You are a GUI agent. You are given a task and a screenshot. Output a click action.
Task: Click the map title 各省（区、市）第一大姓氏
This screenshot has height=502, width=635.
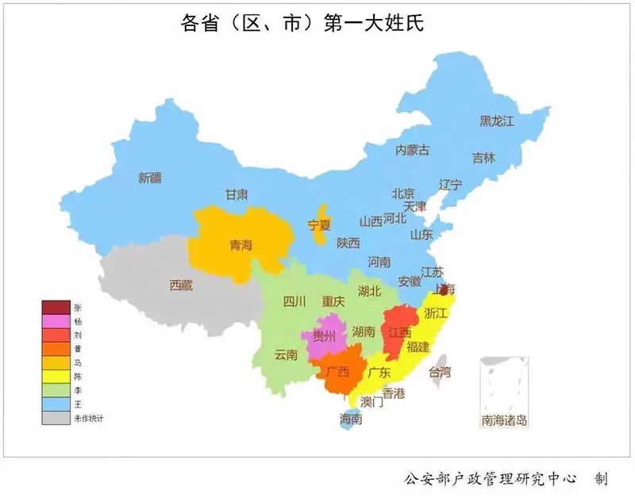pyautogui.click(x=302, y=24)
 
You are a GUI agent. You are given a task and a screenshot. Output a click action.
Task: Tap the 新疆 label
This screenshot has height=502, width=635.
pyautogui.click(x=149, y=178)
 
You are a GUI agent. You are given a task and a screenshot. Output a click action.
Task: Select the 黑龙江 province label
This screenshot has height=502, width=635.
pyautogui.click(x=497, y=121)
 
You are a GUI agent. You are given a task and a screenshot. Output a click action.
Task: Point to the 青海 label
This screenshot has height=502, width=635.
pyautogui.click(x=240, y=245)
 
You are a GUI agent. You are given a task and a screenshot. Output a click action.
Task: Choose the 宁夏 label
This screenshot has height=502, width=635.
pyautogui.click(x=320, y=224)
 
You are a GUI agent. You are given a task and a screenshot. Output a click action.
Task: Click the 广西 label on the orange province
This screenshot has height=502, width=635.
pyautogui.click(x=337, y=371)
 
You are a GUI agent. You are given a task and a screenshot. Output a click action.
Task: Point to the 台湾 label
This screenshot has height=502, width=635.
pyautogui.click(x=439, y=371)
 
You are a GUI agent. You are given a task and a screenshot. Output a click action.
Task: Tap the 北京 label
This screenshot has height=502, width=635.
pyautogui.click(x=402, y=194)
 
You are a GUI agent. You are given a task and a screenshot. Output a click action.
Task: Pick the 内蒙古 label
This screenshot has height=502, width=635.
pyautogui.click(x=413, y=149)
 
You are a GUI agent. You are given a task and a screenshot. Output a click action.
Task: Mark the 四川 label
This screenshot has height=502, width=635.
pyautogui.click(x=294, y=301)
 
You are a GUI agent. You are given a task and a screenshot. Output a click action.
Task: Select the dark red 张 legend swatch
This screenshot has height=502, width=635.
pyautogui.click(x=56, y=308)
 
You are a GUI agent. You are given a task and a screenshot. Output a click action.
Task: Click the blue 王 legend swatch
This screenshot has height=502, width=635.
pyautogui.click(x=56, y=404)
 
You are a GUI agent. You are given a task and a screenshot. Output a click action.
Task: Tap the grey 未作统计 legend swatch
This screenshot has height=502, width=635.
pyautogui.click(x=56, y=418)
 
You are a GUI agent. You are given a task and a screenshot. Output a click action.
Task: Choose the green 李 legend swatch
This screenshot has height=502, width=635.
pyautogui.click(x=56, y=390)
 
